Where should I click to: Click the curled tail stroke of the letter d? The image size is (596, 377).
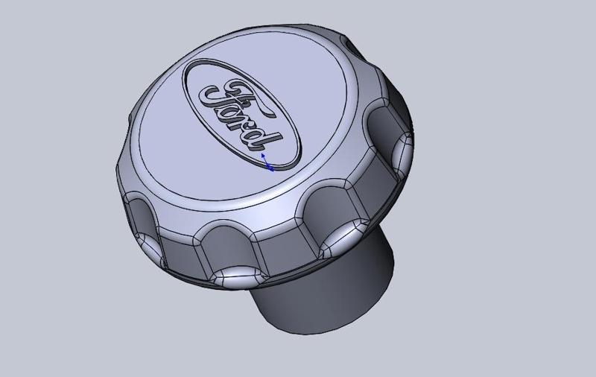277,139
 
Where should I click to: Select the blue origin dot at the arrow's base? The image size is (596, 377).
270,168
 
